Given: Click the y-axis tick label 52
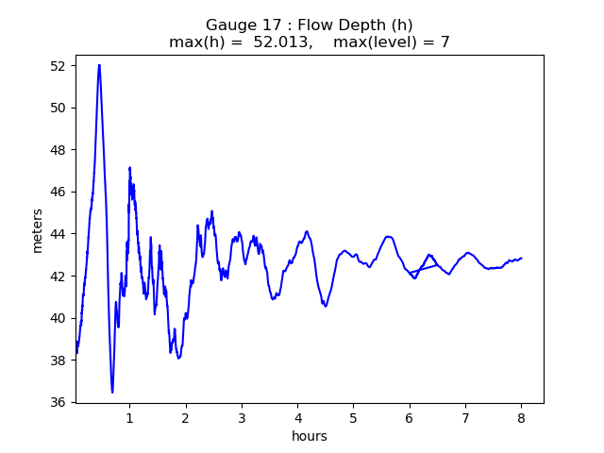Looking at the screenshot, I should click(x=59, y=66).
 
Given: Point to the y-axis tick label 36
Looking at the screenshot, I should click(x=59, y=402).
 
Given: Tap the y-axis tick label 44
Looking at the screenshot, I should click(x=59, y=234).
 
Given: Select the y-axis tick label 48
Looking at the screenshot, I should click(x=59, y=150).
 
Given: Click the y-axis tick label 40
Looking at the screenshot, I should click(x=59, y=318).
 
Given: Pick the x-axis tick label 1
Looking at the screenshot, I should click(x=129, y=417).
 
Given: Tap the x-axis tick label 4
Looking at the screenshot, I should click(x=297, y=417).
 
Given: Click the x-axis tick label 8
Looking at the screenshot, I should click(x=521, y=417).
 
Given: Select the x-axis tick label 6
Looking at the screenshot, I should click(x=410, y=417).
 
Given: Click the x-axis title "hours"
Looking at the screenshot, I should click(x=309, y=436).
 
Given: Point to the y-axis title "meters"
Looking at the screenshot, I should click(x=38, y=229).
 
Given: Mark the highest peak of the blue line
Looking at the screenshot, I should click(x=99, y=65).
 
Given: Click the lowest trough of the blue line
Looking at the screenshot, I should click(x=112, y=392).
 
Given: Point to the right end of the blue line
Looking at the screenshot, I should click(x=521, y=258).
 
